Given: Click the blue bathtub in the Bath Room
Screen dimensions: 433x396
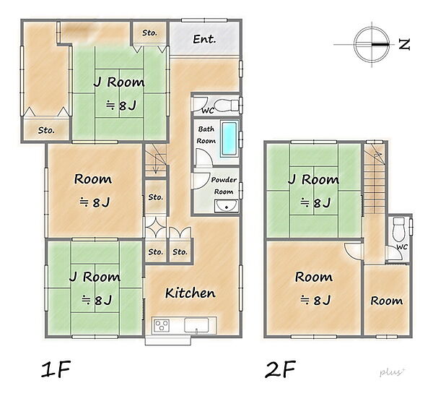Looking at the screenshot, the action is tap(229, 138).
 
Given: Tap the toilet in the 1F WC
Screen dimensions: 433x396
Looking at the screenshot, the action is tap(226, 105).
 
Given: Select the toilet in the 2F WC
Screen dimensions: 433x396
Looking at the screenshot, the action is tap(398, 229).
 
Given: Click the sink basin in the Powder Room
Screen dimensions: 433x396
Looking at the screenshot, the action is tap(227, 206).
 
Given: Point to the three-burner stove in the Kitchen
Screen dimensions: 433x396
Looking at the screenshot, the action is tap(162, 324).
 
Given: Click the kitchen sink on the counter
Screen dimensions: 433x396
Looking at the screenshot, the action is tap(196, 325).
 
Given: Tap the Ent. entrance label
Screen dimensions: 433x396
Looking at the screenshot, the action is tap(204, 39).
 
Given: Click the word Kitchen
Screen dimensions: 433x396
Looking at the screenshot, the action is tap(191, 293).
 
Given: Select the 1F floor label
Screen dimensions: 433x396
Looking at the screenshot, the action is tap(56, 369).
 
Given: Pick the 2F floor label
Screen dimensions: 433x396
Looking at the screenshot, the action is tap(281, 369).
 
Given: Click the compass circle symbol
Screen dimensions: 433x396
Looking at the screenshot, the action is tap(372, 44).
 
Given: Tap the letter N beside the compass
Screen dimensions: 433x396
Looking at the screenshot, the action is tap(404, 44).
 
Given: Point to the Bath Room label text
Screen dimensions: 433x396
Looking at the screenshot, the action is tap(206, 135).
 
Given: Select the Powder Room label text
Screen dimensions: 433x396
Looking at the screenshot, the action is tap(224, 186).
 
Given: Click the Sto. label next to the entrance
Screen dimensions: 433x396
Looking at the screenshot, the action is tap(149, 33).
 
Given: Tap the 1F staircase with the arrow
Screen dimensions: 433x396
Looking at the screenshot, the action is tap(156, 160).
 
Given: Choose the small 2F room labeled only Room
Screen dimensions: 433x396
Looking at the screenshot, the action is tap(387, 301).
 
